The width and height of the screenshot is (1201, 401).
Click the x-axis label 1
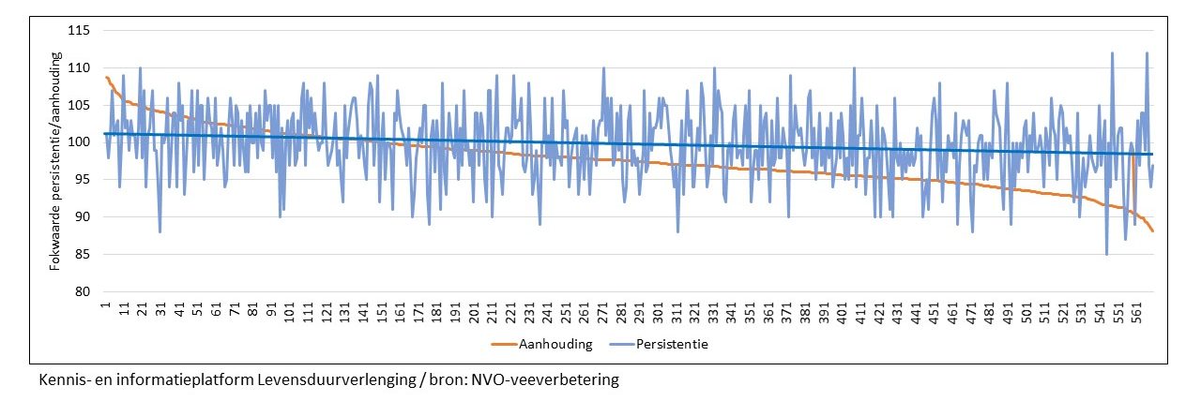click(107, 304)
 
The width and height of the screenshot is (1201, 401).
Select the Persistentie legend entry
click(671, 344)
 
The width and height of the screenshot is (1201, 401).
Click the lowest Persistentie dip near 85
click(1107, 253)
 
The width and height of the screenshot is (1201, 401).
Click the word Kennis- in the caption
click(62, 381)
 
